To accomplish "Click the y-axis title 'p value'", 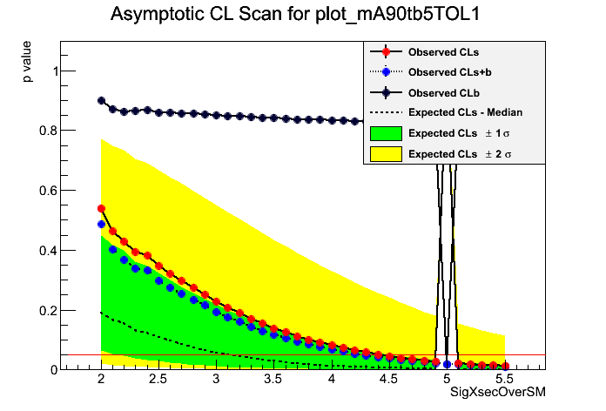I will pos(28,66).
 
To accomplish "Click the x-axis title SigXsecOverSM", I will pos(497,393).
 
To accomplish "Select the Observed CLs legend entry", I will pos(443,52).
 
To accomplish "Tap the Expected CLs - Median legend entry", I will pos(465,111).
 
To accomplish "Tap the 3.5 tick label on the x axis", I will pos(273,381).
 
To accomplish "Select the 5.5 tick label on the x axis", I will pos(503,381).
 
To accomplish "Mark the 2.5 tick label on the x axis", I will pos(158,381).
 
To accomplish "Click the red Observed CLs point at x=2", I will pos(101,209).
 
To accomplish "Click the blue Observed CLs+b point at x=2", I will pos(101,224).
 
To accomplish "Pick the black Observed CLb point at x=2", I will pos(101,101).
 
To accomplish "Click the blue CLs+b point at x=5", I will pos(447,364).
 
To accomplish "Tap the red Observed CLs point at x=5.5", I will pos(504,367).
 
